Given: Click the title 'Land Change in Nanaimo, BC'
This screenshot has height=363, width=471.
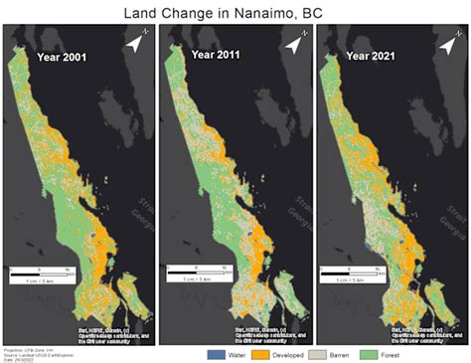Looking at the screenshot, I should pyautogui.click(x=235, y=12).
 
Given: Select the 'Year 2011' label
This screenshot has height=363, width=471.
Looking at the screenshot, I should pyautogui.click(x=215, y=55).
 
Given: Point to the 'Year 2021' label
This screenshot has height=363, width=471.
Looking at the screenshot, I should pyautogui.click(x=369, y=56).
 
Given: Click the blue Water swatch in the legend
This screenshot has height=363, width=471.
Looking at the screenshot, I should pyautogui.click(x=216, y=354).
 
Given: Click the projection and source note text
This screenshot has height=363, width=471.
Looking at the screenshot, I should pyautogui.click(x=30, y=354).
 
